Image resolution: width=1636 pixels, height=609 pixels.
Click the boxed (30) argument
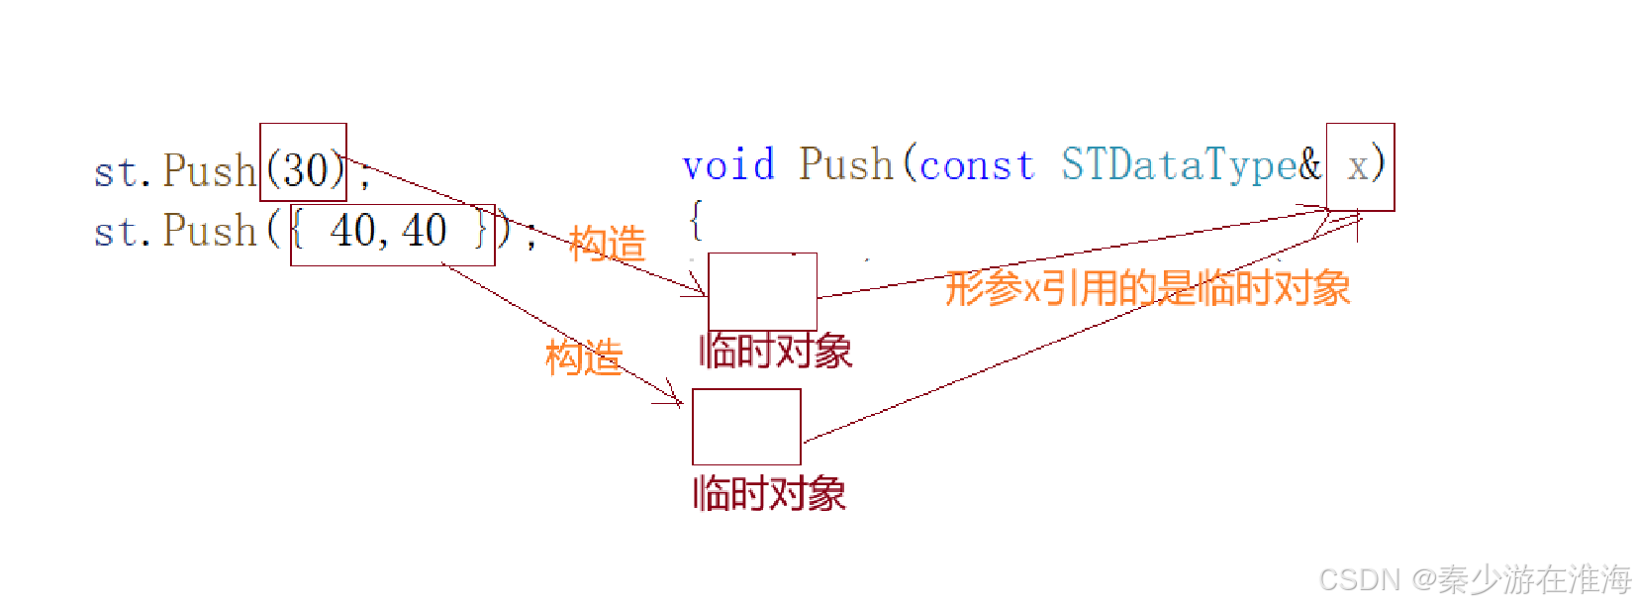point(303,163)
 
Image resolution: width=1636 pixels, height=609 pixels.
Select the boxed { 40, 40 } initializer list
point(392,234)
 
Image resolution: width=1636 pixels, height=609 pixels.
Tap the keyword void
point(727,164)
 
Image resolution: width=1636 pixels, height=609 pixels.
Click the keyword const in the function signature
point(976,164)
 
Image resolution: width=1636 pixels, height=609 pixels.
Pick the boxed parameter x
point(1360,166)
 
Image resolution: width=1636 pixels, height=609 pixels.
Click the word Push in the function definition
point(846,164)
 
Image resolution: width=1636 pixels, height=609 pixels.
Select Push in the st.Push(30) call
point(210,171)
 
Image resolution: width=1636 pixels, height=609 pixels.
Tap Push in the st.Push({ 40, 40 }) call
point(210,231)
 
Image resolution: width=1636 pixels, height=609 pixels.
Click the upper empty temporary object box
point(762,291)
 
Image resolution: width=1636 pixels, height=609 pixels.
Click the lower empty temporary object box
point(746,427)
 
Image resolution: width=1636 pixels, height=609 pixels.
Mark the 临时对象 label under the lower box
point(769,493)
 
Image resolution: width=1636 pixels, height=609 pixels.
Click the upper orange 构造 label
point(607,244)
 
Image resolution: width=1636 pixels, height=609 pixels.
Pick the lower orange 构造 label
point(583,356)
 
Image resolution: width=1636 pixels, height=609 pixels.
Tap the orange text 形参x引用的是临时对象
point(1147,288)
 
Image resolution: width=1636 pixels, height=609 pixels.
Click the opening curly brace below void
point(696,220)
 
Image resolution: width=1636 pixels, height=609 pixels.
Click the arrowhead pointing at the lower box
point(676,400)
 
